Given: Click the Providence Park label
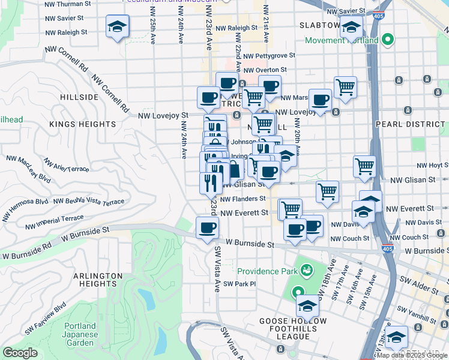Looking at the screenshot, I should (x=267, y=271).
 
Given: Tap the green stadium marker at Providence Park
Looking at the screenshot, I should (x=306, y=271).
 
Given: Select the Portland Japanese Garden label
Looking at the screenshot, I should (x=80, y=334).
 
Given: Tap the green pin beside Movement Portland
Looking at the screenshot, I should (x=388, y=41).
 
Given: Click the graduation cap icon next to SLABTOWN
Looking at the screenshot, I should (x=351, y=28).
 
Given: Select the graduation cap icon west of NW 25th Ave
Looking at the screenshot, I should (x=118, y=26).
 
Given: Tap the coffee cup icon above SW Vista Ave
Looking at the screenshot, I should (x=208, y=228).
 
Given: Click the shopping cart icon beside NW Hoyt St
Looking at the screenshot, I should (x=364, y=166).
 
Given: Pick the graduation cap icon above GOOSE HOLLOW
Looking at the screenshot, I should (x=307, y=306).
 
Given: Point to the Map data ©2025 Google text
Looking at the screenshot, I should (x=411, y=355).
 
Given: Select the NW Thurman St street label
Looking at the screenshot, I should (x=68, y=4).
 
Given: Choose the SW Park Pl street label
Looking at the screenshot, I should (x=240, y=284).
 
